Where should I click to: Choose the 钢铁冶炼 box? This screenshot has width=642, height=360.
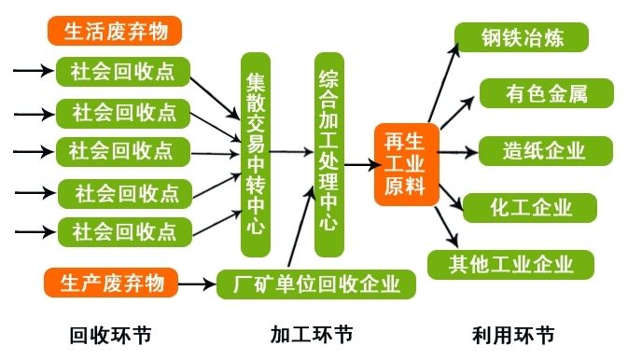[x=522, y=38]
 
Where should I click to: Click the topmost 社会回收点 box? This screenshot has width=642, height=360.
[x=123, y=71]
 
